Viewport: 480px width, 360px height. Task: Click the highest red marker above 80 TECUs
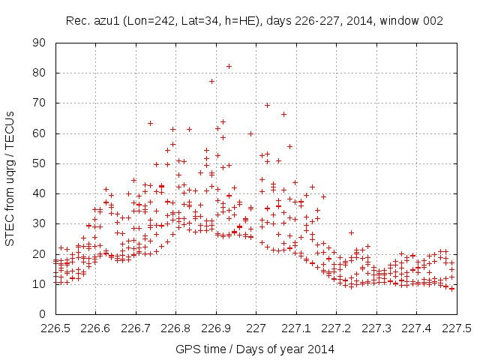point(229,66)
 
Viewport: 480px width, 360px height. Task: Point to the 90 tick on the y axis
point(55,43)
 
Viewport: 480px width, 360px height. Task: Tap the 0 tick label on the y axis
point(45,314)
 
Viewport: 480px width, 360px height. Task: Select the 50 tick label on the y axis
point(42,163)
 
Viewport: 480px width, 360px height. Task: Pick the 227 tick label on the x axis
point(256,328)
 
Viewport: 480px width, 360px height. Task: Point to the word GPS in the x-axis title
point(187,349)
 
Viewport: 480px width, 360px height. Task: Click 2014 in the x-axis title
point(320,349)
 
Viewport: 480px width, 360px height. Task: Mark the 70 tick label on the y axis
point(42,103)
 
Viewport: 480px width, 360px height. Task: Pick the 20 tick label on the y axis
point(42,254)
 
